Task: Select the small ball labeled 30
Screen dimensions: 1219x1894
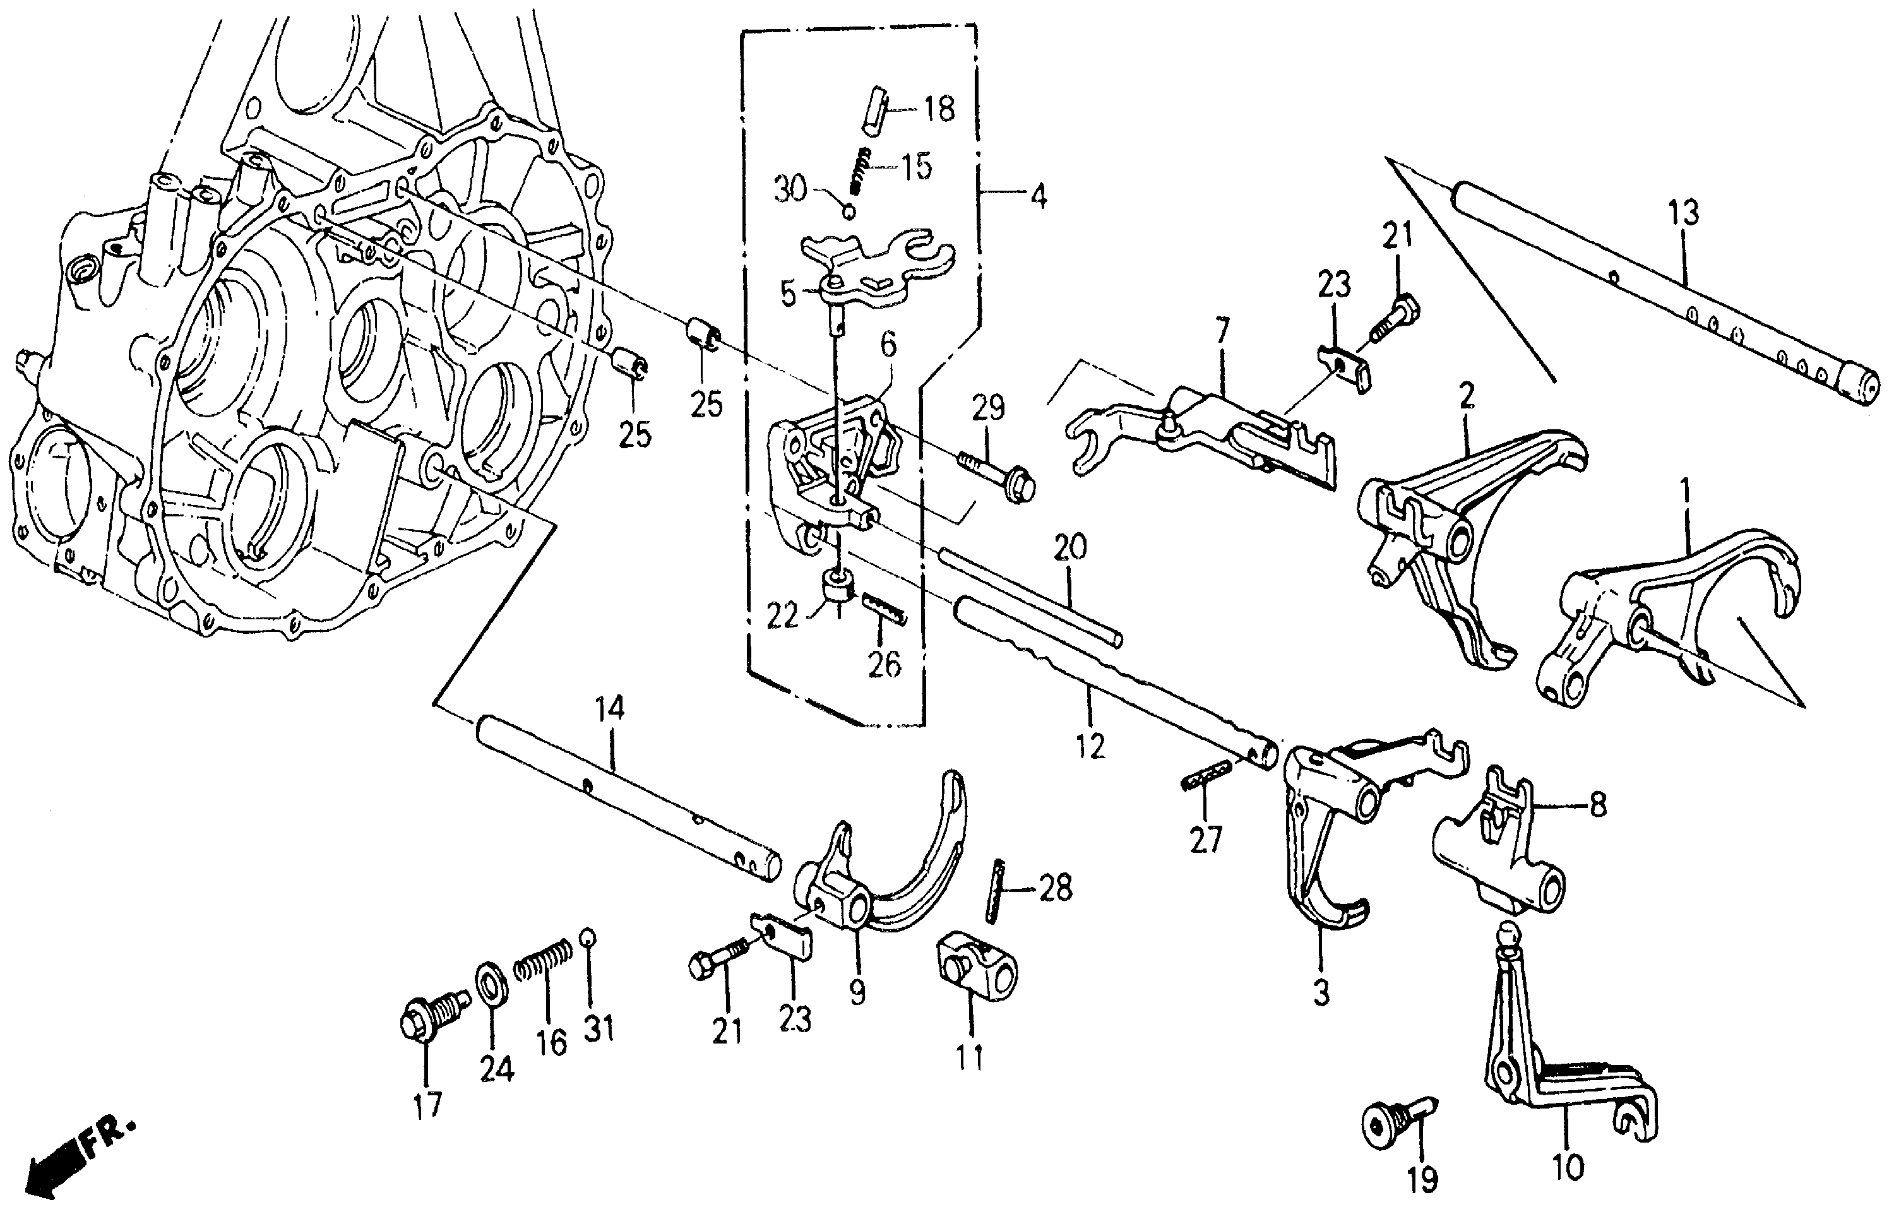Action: click(848, 211)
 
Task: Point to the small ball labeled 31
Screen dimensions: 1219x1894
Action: click(587, 937)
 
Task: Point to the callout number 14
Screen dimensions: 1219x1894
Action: click(609, 708)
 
